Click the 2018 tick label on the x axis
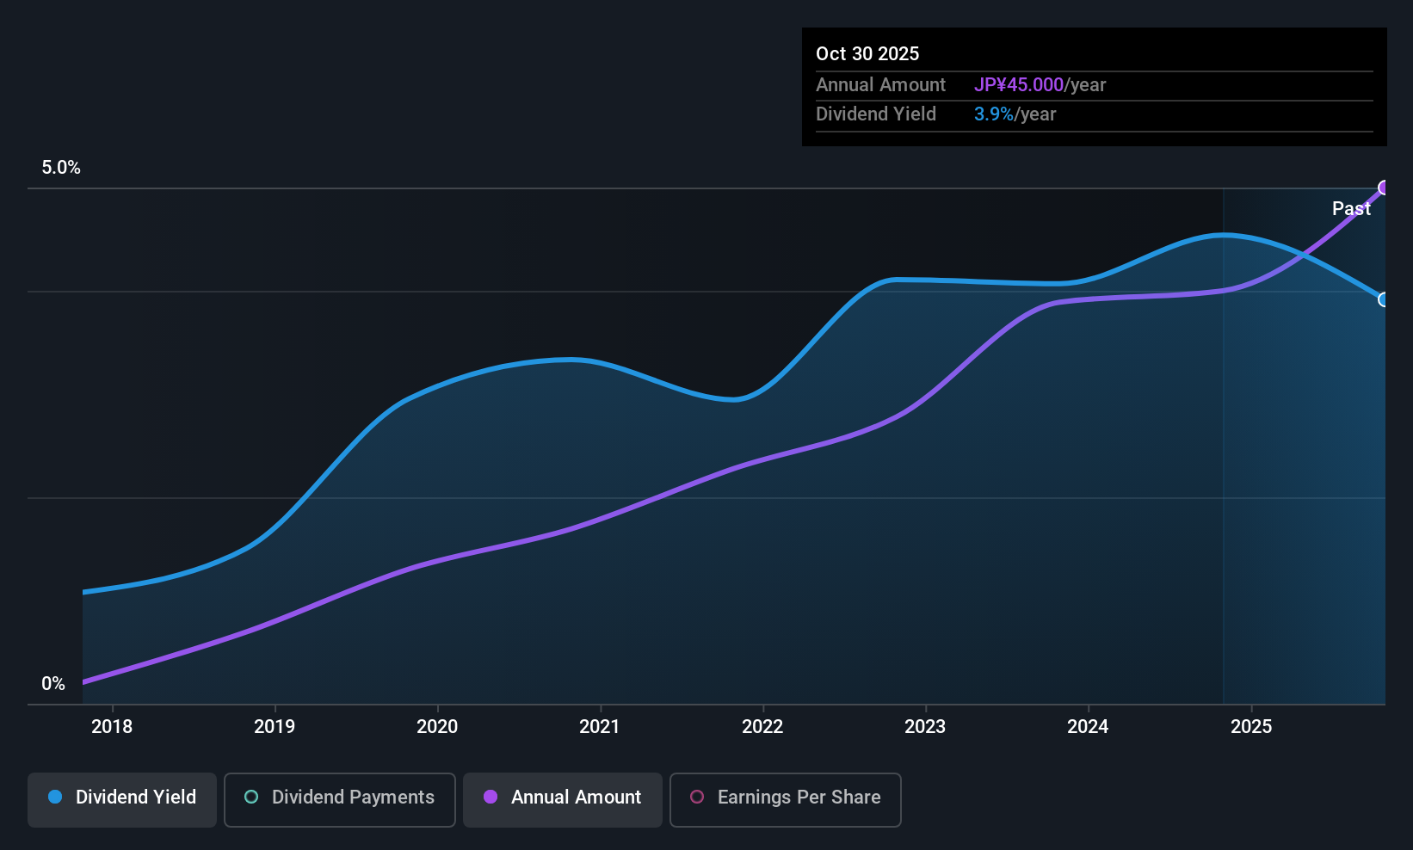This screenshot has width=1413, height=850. (x=112, y=726)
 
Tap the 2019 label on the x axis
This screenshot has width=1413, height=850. (x=275, y=726)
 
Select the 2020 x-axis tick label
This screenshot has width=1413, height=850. (x=437, y=726)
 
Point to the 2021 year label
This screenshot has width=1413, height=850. (x=600, y=726)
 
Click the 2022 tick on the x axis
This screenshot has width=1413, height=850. (x=762, y=726)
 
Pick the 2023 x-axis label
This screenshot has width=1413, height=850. (x=925, y=726)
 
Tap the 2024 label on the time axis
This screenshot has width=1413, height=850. (x=1088, y=726)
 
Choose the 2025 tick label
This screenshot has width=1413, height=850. (x=1251, y=726)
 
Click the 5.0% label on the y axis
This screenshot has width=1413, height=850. (x=61, y=168)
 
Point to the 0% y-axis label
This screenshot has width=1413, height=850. (x=53, y=684)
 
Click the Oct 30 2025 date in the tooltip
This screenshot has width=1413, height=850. (x=867, y=53)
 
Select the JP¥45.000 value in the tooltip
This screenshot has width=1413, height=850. (x=1019, y=85)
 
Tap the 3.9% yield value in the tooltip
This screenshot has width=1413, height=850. (x=993, y=114)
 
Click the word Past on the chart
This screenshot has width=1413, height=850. (x=1351, y=208)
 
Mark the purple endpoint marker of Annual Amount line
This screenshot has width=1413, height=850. (x=1384, y=188)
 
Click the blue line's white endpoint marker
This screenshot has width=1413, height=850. (x=1384, y=299)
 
